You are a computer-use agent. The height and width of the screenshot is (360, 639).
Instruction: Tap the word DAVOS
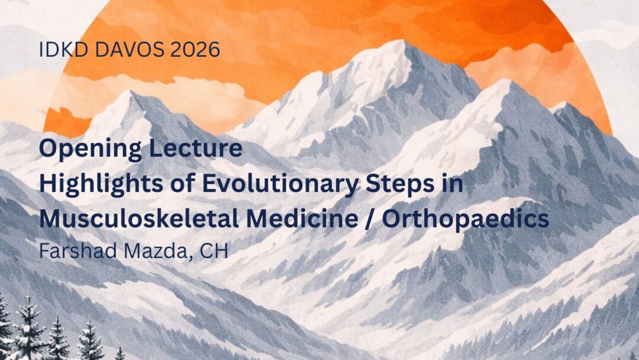130,50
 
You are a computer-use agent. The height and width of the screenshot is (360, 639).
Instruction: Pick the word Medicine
302,219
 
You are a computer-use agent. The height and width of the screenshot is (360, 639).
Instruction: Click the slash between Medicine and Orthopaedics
370,220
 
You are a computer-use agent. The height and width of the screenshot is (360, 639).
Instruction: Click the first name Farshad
78,250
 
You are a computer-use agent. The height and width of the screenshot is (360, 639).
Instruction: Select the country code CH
214,250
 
